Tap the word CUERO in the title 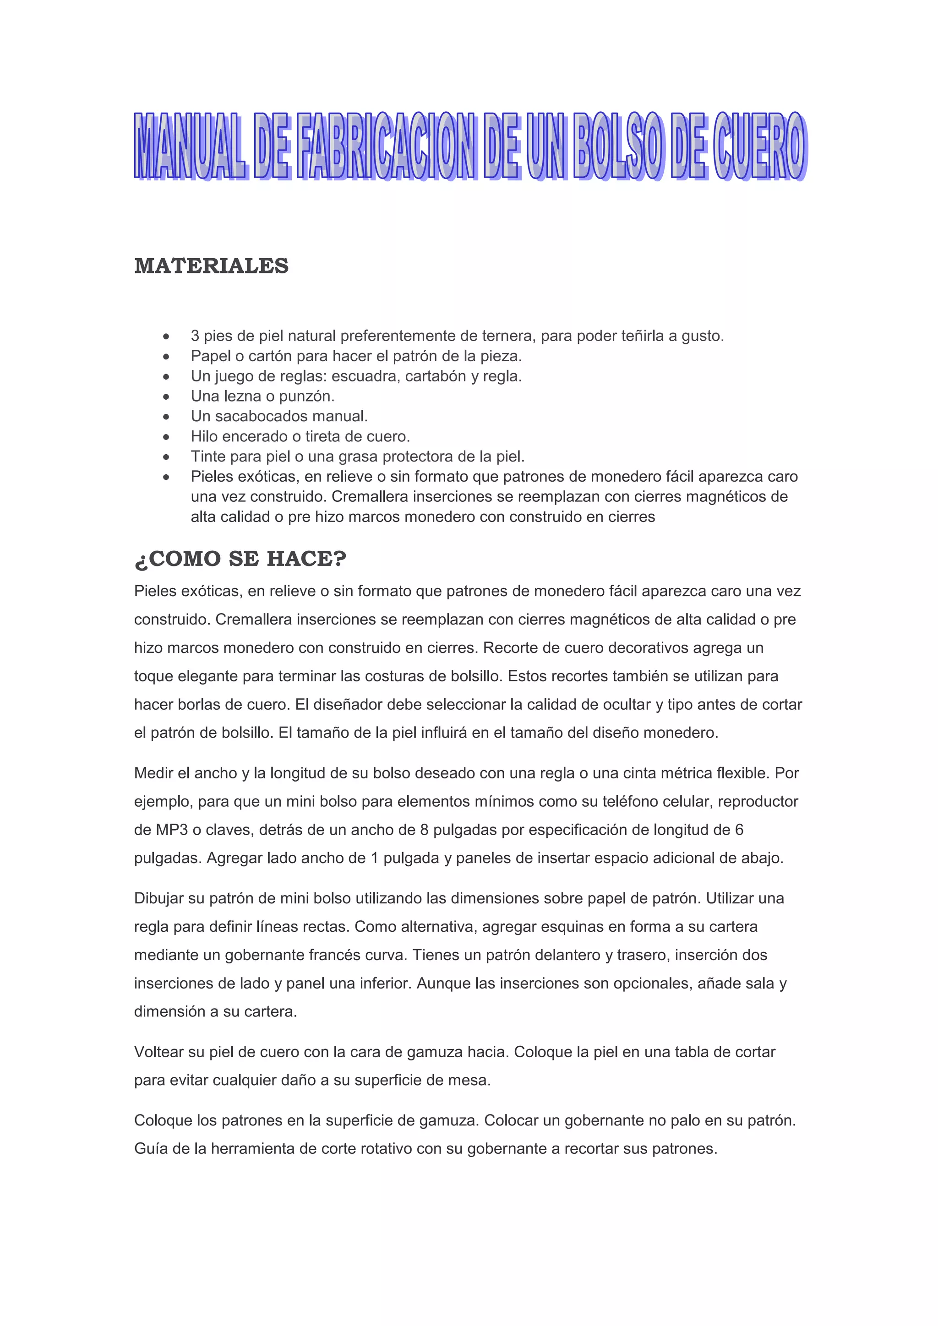(x=759, y=146)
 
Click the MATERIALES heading (x=212, y=266)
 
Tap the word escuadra (x=364, y=376)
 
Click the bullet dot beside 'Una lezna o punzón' (x=166, y=397)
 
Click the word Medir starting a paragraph (x=153, y=773)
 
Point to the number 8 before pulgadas (x=425, y=830)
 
